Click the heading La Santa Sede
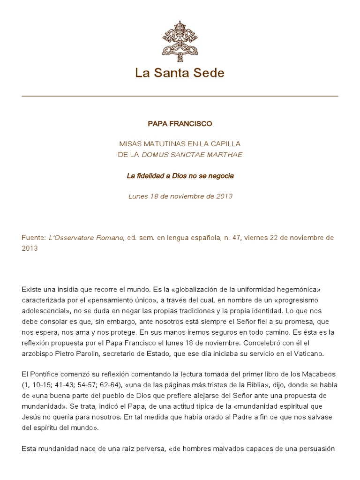click(x=180, y=73)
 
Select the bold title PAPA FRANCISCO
click(x=180, y=124)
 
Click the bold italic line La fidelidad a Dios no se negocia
click(x=180, y=176)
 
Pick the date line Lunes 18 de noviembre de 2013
click(x=180, y=196)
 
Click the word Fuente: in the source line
click(x=33, y=237)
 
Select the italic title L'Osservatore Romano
click(x=86, y=237)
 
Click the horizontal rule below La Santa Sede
click(x=180, y=96)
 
